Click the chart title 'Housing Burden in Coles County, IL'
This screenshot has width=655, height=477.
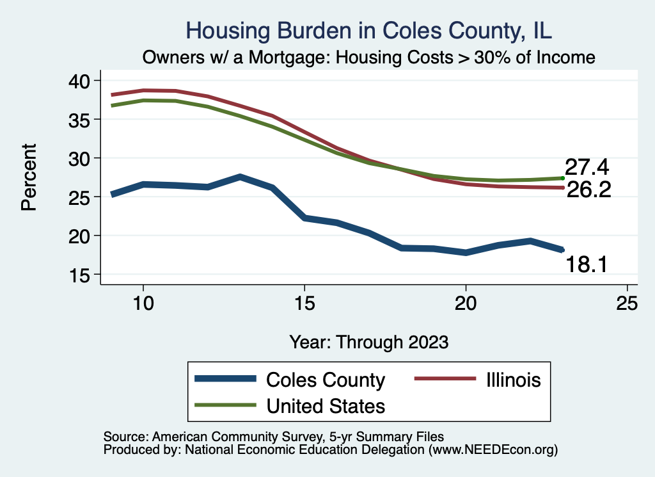[x=368, y=30]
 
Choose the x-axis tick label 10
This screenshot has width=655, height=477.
[x=143, y=303]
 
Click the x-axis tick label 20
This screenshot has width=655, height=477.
[x=466, y=303]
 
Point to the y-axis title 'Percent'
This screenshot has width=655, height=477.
[x=28, y=177]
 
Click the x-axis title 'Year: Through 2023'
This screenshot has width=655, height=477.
[x=368, y=341]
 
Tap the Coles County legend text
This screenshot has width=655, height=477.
[x=326, y=380]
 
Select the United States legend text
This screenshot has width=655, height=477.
[x=326, y=406]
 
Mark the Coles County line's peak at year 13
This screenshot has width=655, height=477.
[x=240, y=177]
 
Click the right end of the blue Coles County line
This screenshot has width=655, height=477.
[x=562, y=250]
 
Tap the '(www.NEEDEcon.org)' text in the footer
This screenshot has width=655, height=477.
[x=493, y=450]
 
